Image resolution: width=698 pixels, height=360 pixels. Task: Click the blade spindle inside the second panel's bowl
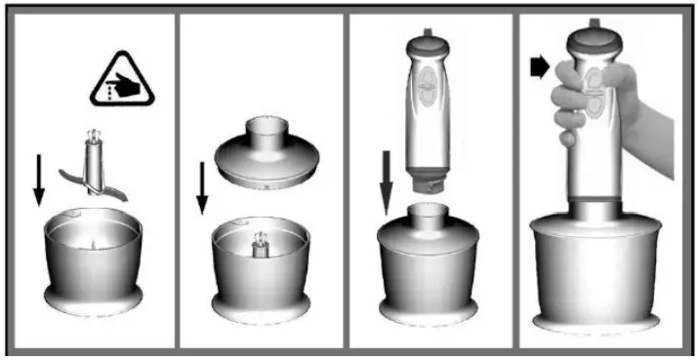(262, 243)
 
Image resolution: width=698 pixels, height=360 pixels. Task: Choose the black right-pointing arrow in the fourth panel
(538, 66)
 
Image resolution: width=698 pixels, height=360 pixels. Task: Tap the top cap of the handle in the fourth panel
(598, 35)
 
